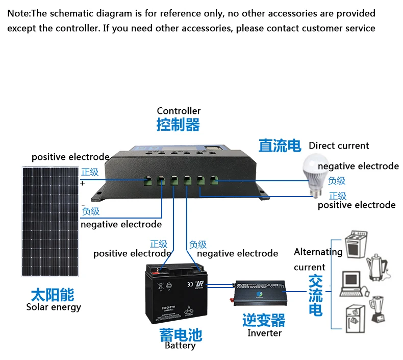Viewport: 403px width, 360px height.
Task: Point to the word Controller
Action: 179,111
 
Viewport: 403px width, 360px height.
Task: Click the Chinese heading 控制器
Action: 178,125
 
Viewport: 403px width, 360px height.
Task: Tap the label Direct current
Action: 339,146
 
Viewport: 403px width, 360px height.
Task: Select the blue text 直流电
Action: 280,146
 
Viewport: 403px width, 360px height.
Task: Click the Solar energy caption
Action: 54,307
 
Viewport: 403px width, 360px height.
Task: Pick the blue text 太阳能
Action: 53,295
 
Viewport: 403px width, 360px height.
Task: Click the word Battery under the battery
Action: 180,346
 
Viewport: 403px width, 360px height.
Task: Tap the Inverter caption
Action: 264,333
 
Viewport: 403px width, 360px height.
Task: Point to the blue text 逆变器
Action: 264,320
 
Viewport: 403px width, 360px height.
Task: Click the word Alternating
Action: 318,252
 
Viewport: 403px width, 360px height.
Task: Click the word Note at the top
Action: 18,13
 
